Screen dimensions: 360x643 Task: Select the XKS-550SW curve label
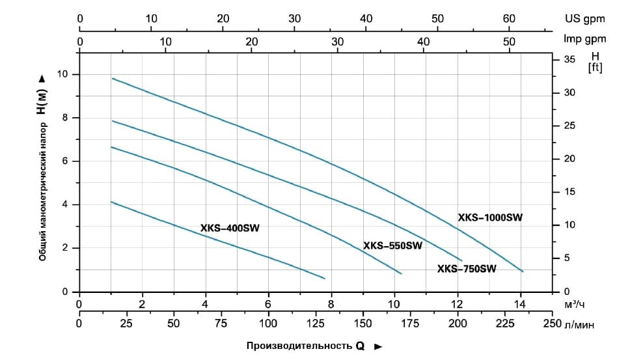point(392,246)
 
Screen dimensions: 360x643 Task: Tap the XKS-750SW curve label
point(467,269)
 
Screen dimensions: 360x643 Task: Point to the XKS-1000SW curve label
point(490,218)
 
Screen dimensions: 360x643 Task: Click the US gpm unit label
point(582,19)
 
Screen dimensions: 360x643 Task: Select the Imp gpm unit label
point(584,39)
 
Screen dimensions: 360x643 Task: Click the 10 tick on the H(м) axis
point(63,74)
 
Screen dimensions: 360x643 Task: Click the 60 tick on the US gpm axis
point(510,19)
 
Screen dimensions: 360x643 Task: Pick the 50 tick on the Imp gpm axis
point(510,42)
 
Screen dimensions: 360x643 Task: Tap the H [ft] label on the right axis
point(594,62)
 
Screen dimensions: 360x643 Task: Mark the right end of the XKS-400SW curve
point(324,279)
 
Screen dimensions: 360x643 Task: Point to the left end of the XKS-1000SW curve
point(112,78)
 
